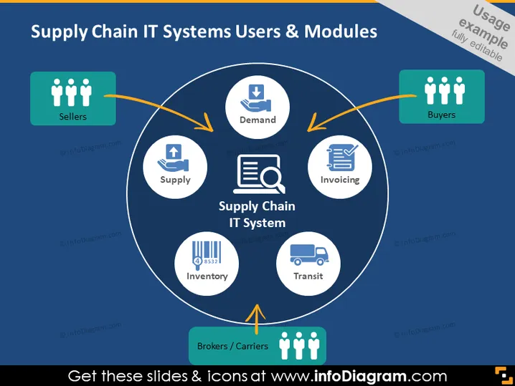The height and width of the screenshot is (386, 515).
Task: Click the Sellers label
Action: click(x=73, y=117)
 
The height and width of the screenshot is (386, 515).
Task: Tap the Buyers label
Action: click(x=441, y=115)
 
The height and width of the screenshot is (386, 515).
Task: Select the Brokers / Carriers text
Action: click(x=232, y=346)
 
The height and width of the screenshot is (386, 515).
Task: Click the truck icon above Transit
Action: click(x=308, y=254)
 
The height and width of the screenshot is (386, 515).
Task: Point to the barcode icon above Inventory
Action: click(x=207, y=255)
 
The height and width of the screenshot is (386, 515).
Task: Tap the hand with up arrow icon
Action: click(x=173, y=158)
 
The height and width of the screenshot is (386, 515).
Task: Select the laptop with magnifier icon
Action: click(x=259, y=174)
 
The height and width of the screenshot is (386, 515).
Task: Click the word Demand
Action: click(x=257, y=120)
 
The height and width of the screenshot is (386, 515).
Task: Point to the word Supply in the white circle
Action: click(x=176, y=180)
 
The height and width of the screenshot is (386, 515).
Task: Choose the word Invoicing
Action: click(x=340, y=180)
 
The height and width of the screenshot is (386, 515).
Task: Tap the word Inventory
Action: click(x=207, y=276)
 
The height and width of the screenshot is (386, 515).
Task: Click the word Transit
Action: click(x=308, y=276)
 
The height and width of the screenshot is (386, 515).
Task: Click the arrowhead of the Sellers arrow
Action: click(x=207, y=124)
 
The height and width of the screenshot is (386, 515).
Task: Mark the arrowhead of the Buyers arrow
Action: click(x=313, y=124)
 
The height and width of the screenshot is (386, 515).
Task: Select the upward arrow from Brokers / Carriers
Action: click(x=257, y=319)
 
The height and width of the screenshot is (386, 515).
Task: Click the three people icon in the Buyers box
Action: click(x=445, y=90)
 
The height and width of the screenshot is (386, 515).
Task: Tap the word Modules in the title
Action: click(x=341, y=32)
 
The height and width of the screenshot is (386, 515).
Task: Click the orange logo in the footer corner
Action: click(x=504, y=375)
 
